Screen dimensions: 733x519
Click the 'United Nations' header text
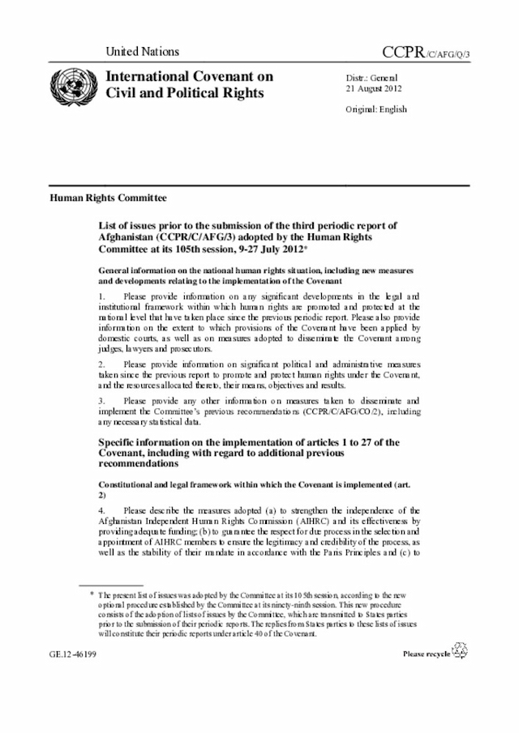coord(143,52)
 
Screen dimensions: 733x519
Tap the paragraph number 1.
coord(101,297)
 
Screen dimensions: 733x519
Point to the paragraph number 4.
coord(101,509)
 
